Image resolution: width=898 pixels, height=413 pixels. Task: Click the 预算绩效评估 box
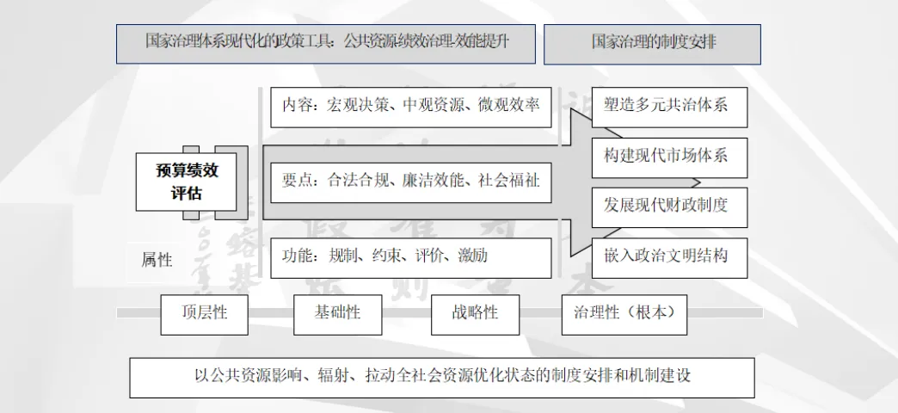click(x=188, y=182)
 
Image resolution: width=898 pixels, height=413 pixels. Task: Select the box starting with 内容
click(x=411, y=106)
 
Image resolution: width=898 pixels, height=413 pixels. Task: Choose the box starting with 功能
click(x=411, y=256)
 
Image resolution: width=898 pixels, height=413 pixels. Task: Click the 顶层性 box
click(x=205, y=313)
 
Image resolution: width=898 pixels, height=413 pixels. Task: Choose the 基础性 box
click(x=337, y=313)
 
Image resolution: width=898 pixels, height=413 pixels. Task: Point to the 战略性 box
click(x=475, y=313)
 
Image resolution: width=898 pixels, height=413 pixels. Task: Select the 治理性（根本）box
click(x=624, y=313)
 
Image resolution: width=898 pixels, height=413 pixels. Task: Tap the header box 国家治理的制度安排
click(x=652, y=43)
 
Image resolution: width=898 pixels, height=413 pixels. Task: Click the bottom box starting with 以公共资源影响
click(x=442, y=377)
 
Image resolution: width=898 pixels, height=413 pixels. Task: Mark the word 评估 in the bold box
click(x=188, y=193)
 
